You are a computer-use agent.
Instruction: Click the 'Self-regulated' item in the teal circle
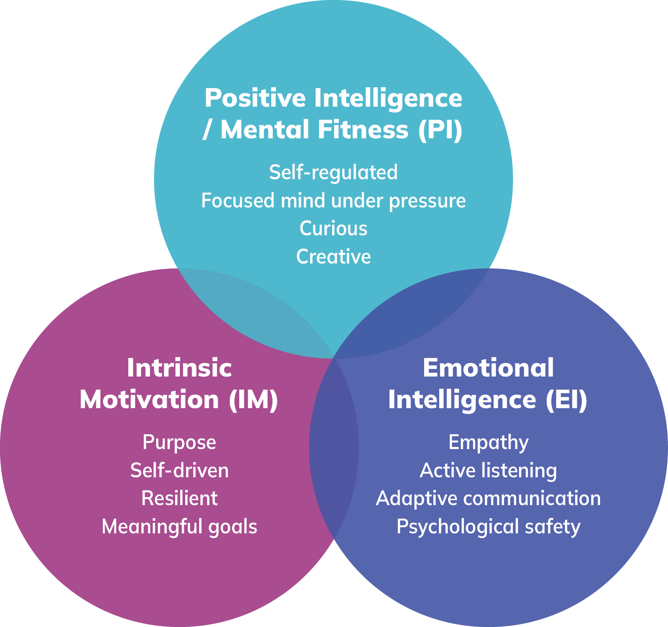pos(333,172)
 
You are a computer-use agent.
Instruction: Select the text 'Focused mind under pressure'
pos(333,201)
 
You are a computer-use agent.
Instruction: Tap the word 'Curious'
pos(333,229)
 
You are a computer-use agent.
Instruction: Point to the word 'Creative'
pos(333,257)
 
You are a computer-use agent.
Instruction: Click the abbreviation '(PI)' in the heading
pos(440,129)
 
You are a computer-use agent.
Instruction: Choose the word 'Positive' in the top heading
pos(255,98)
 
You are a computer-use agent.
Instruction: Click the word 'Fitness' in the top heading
pos(363,129)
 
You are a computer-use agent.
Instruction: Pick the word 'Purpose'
pos(179,442)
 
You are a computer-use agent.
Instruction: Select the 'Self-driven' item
pos(179,471)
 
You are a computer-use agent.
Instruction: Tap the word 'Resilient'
pos(179,498)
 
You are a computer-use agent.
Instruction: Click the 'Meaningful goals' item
pos(179,527)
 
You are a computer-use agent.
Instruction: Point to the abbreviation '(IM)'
pos(253,400)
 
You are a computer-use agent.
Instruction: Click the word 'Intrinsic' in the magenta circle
pos(179,368)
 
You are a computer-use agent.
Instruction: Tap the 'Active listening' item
pos(488,471)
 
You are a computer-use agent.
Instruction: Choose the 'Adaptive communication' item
pos(488,498)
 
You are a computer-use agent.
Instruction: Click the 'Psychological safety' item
pos(488,527)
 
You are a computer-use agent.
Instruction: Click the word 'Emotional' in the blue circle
pos(488,368)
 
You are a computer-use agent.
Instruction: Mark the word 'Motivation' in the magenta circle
pos(149,400)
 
